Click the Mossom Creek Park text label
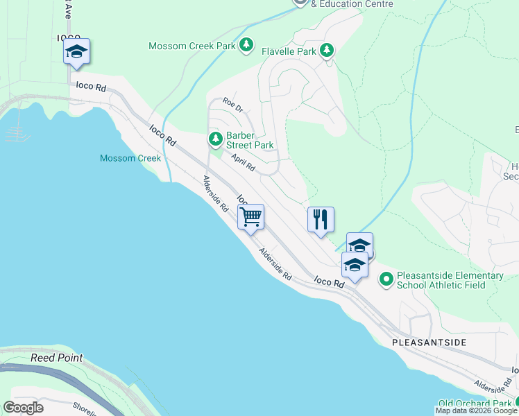[192, 46]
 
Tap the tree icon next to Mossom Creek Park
[246, 46]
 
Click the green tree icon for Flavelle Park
[326, 51]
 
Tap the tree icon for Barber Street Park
[216, 139]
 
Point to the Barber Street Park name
[249, 140]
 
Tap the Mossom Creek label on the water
[130, 158]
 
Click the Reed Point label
[56, 358]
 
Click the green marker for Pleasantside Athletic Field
[386, 280]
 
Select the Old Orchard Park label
[474, 403]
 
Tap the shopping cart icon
[250, 216]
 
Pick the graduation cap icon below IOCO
[76, 51]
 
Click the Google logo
[23, 407]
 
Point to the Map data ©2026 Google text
[477, 410]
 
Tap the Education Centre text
[352, 4]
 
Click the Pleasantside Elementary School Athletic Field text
[450, 280]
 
